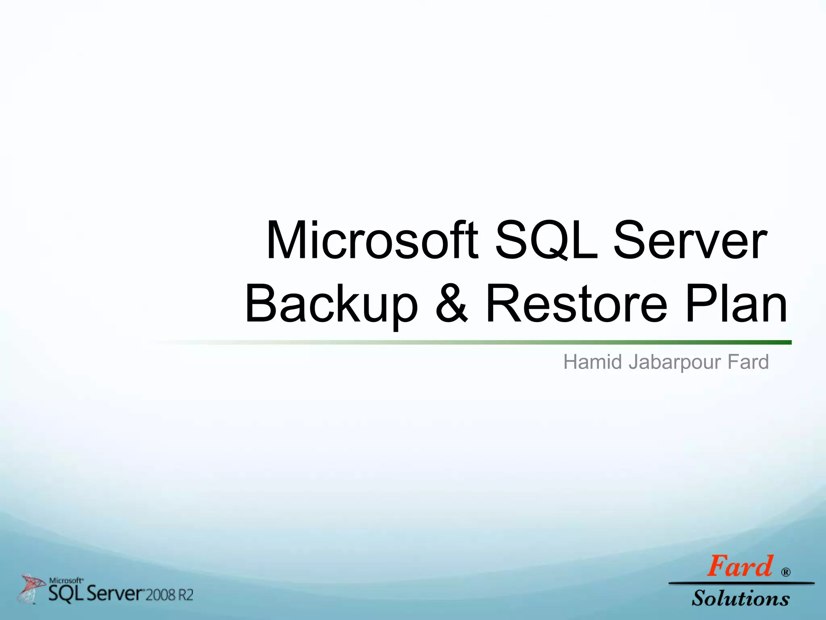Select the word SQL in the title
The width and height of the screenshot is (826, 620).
[547, 241]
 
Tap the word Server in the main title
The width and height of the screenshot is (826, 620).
[690, 241]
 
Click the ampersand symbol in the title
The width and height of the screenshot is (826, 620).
[452, 304]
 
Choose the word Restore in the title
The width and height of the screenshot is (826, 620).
[577, 304]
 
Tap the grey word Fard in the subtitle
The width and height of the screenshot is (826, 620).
[748, 362]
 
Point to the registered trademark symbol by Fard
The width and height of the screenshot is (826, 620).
[786, 572]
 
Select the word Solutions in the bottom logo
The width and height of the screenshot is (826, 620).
[740, 598]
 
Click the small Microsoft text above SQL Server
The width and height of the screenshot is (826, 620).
[66, 580]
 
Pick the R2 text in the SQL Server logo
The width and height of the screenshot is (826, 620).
[186, 595]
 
